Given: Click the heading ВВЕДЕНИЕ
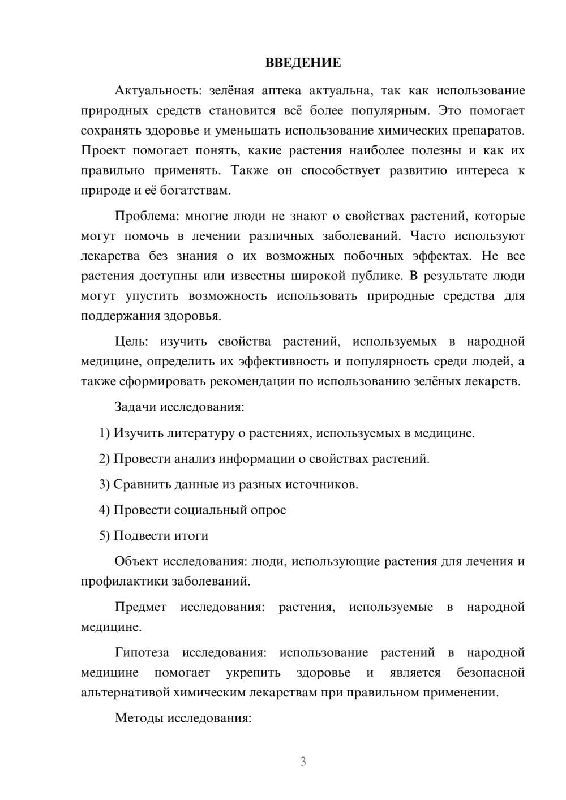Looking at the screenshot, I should (303, 63).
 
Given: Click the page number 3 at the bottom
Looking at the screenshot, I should (303, 762).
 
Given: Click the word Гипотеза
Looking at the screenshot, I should (141, 652).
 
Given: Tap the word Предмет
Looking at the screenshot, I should (140, 607).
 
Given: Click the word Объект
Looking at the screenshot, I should (136, 561).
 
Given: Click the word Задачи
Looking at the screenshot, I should (135, 407).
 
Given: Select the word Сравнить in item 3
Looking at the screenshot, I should (139, 484).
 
